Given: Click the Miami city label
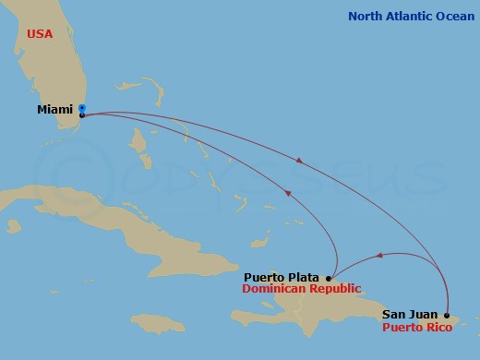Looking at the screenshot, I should tap(55, 110).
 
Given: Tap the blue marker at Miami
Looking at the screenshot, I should tap(82, 108).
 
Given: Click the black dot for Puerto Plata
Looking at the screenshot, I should tap(330, 277).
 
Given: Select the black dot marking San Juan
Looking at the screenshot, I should tap(448, 314).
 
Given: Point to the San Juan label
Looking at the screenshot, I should tap(410, 314).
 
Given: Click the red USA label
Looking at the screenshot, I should tap(41, 33).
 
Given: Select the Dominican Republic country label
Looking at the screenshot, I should tap(299, 289).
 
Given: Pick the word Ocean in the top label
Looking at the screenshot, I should tap(453, 16).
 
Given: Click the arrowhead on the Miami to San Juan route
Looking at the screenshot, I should tap(300, 162).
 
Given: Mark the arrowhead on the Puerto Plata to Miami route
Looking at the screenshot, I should tap(288, 193).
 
